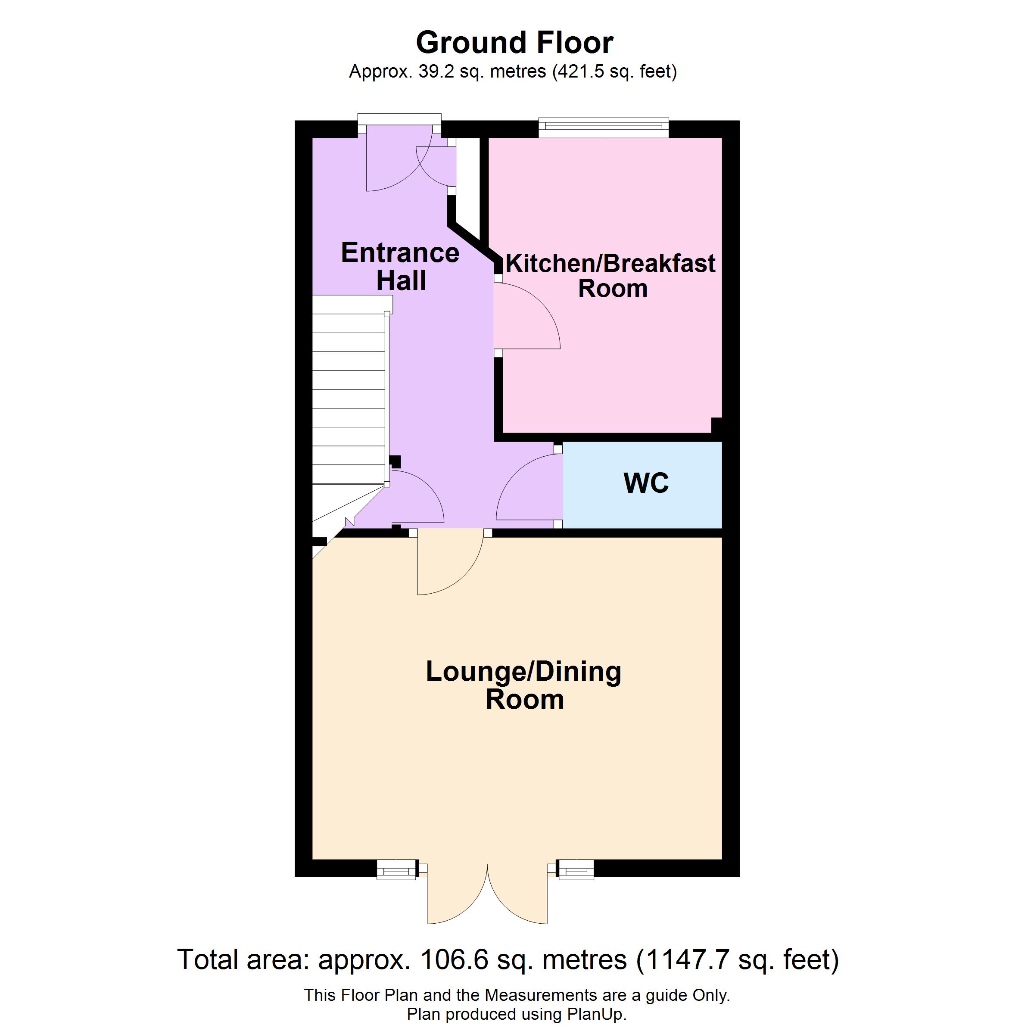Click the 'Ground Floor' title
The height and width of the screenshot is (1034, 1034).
[514, 43]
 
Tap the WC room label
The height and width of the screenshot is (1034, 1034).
[646, 483]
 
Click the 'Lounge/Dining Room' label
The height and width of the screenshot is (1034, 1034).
[523, 685]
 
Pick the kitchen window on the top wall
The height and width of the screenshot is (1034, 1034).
[604, 126]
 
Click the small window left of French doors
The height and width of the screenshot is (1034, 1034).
[396, 870]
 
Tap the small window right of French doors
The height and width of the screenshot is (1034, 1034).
[575, 870]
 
